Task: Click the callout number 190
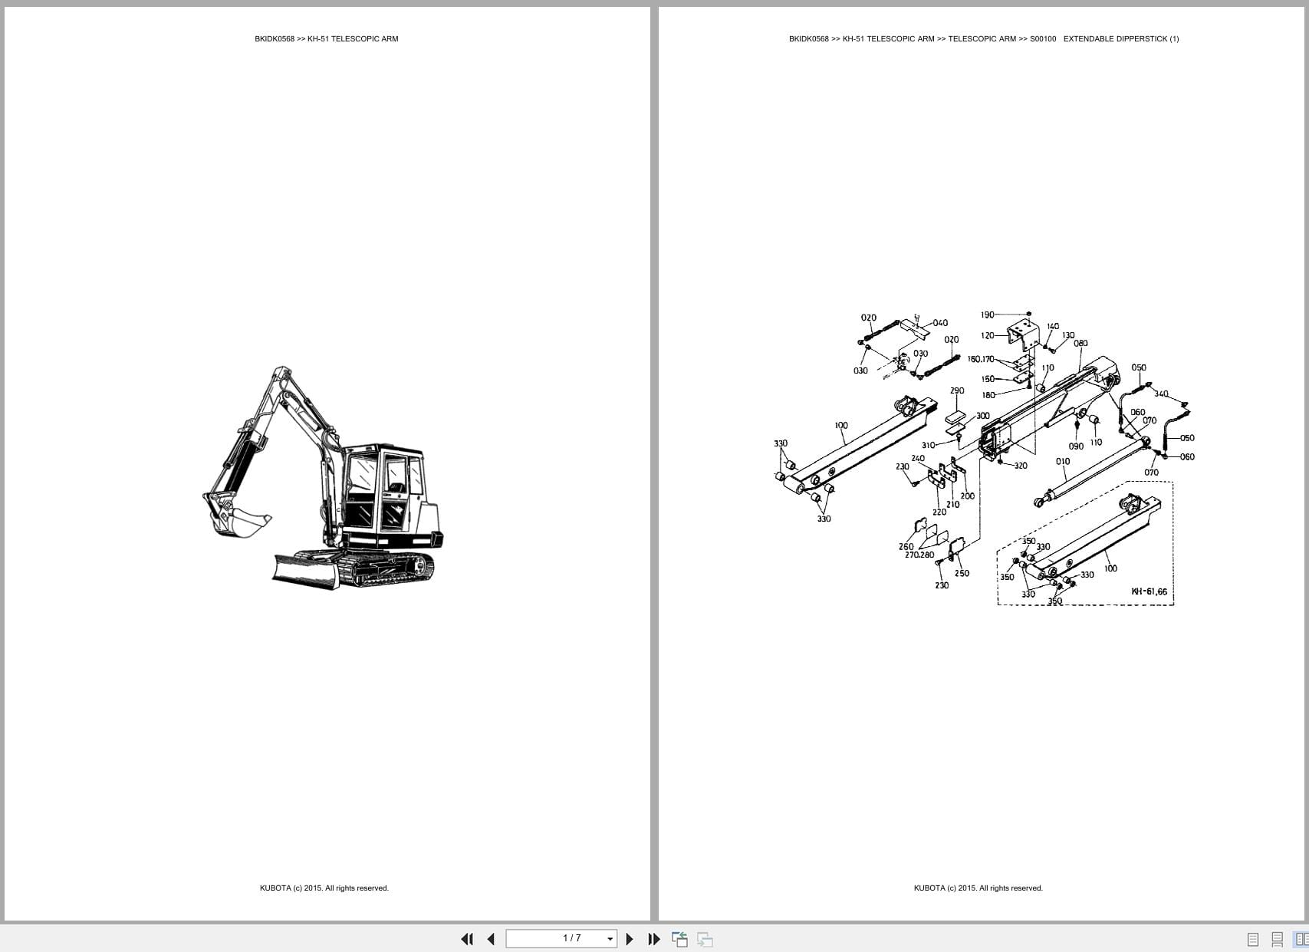point(987,315)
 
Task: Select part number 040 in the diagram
point(940,323)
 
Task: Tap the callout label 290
point(957,390)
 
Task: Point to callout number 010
point(1062,462)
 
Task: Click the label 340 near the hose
point(1161,394)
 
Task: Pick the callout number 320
point(1021,466)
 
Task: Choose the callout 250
point(962,573)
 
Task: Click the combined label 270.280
point(919,555)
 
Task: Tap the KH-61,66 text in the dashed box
point(1149,591)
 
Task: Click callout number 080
point(1080,343)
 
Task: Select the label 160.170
point(980,359)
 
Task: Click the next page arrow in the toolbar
point(630,939)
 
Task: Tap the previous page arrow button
point(491,939)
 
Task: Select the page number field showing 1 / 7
point(561,939)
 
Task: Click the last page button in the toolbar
point(653,939)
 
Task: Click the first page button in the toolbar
point(466,939)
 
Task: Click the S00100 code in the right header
point(1042,38)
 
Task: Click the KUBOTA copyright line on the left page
point(324,888)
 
